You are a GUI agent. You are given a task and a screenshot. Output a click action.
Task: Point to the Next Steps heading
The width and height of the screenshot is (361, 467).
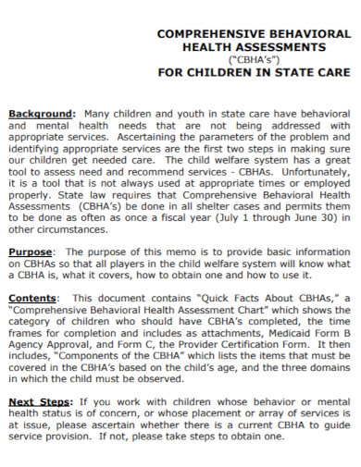point(39,401)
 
